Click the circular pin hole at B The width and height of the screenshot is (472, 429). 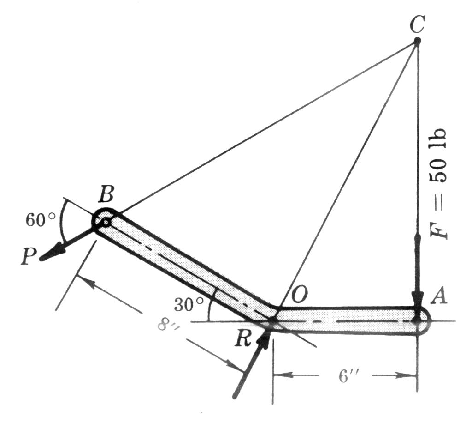click(106, 222)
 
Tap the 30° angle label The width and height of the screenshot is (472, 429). click(189, 305)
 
